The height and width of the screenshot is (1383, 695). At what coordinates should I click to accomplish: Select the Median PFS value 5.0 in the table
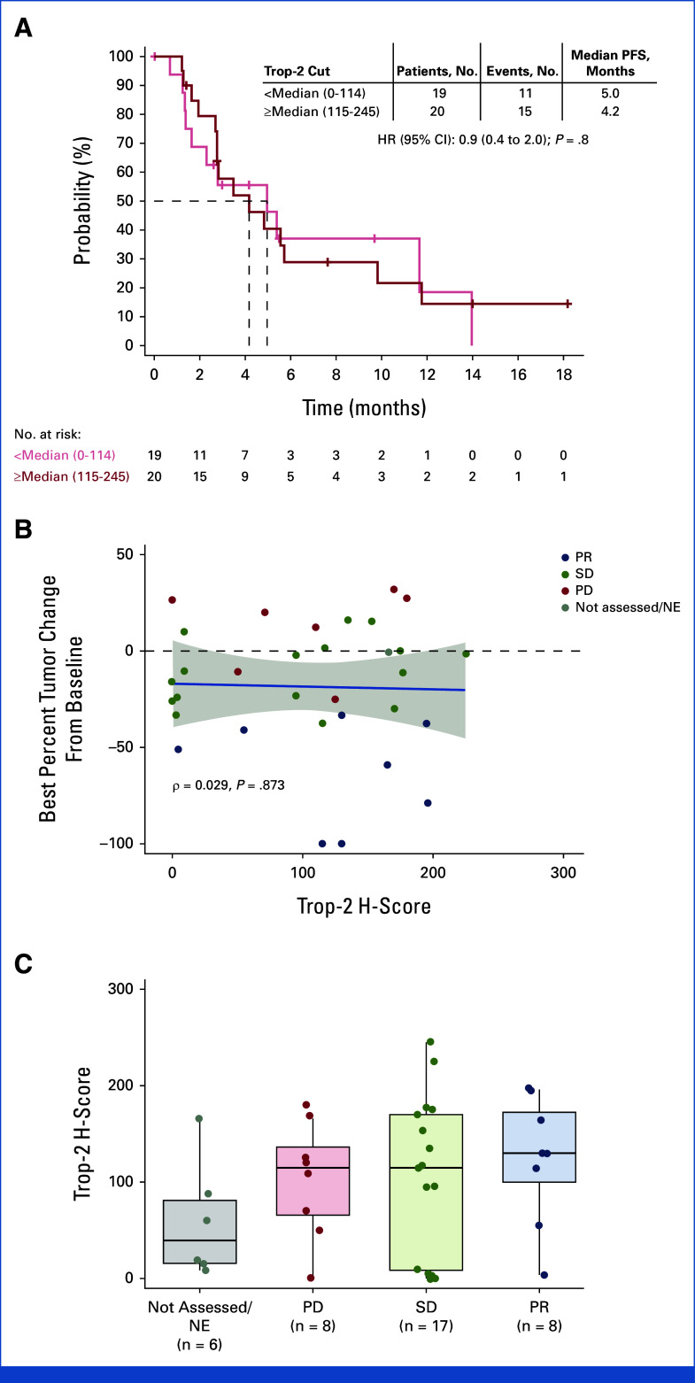(609, 93)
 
